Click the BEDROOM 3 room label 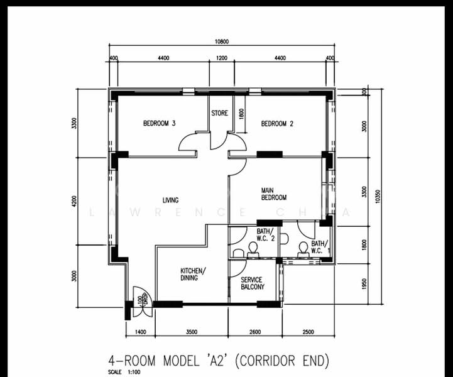158,124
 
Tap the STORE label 219,114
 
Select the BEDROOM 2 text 277,124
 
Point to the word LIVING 171,200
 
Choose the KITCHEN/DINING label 192,274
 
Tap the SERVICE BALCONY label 253,283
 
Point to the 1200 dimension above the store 221,58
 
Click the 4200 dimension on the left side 74,202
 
